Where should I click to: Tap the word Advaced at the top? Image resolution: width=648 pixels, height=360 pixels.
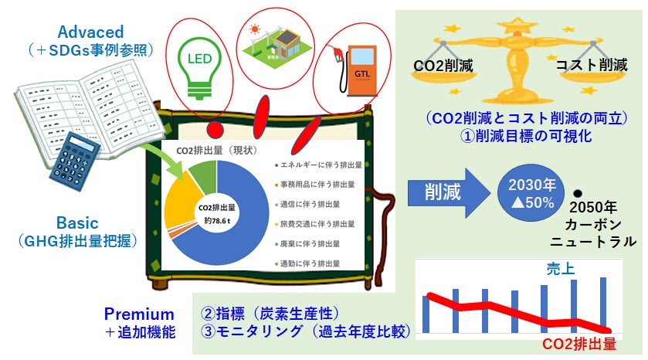90,32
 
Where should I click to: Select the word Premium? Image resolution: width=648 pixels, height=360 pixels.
139,314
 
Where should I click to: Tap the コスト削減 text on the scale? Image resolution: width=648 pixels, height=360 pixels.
592,65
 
